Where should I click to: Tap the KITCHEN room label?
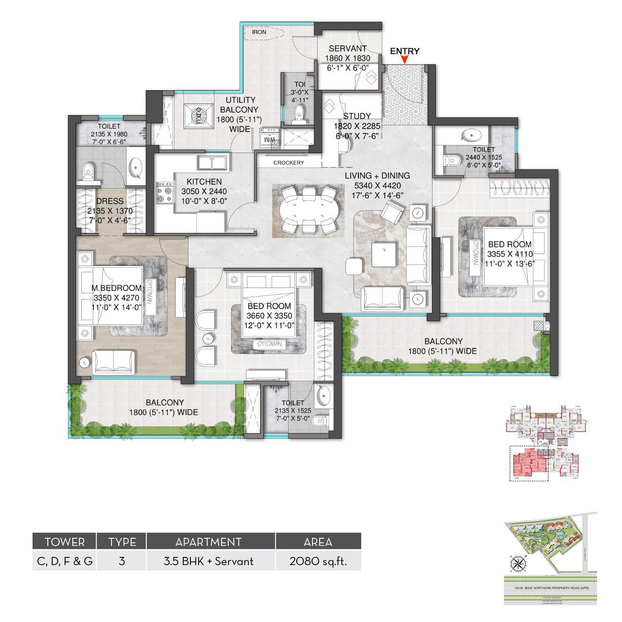coord(204,182)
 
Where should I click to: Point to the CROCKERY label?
coord(289,163)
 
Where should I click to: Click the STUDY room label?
coord(357,116)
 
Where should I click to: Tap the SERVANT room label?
coord(348,48)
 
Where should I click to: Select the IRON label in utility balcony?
coord(259,33)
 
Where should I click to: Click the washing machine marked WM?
coord(269,140)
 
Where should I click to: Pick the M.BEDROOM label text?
coord(116,288)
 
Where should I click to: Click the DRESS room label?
coord(110,201)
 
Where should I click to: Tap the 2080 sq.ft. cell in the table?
coord(318,561)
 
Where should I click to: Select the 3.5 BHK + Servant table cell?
coord(211,561)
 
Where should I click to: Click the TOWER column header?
coord(64,542)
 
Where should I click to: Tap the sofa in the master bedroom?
coord(113,361)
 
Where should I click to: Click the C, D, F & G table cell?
coord(64,561)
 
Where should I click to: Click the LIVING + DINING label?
coord(377,176)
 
